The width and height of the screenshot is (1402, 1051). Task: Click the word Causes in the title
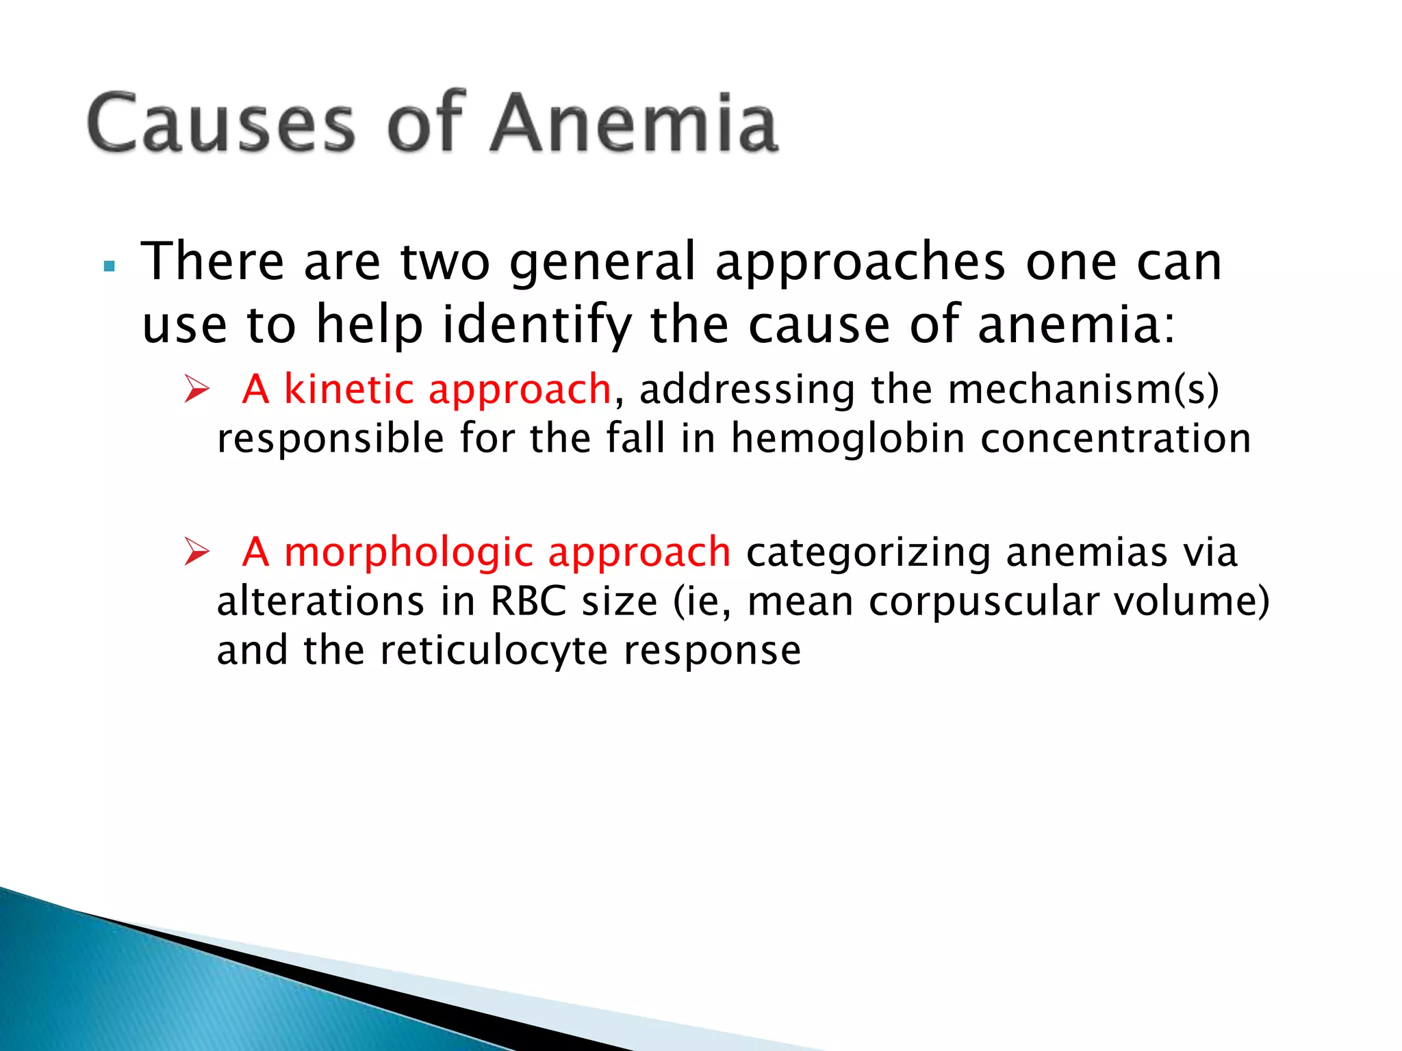pos(220,123)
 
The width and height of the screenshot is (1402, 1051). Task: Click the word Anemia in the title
pos(634,123)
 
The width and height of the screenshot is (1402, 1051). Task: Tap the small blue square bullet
pos(109,266)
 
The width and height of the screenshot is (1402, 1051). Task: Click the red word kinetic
pos(348,389)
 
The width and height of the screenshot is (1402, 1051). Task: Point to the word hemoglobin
pos(847,439)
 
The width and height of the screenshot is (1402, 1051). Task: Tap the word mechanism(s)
pos(1083,389)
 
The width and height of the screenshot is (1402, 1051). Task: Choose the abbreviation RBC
pos(528,601)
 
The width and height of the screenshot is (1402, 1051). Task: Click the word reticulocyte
pos(494,651)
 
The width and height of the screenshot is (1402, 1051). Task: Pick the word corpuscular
pos(983,601)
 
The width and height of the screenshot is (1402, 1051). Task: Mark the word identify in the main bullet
pos(537,325)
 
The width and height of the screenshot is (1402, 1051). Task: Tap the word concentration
pos(1115,439)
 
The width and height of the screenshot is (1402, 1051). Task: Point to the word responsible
pos(330,439)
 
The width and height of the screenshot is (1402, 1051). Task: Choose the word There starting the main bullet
pos(212,262)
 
